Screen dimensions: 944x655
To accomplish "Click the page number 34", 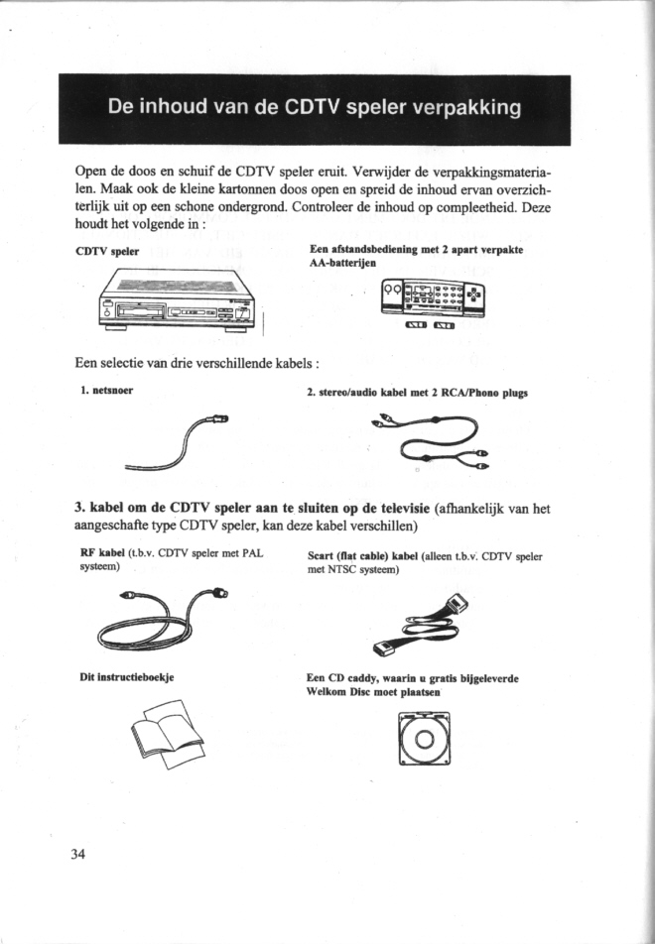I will click(80, 855).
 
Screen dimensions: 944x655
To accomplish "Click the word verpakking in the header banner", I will click(460, 108).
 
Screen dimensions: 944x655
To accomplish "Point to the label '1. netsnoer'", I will click(106, 391).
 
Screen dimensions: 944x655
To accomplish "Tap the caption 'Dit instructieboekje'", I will click(127, 678).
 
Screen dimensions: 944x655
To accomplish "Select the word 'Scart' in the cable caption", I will click(325, 557).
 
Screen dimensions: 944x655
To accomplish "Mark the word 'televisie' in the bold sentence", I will click(390, 511).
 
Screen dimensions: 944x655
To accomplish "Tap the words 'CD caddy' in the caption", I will click(348, 678).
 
